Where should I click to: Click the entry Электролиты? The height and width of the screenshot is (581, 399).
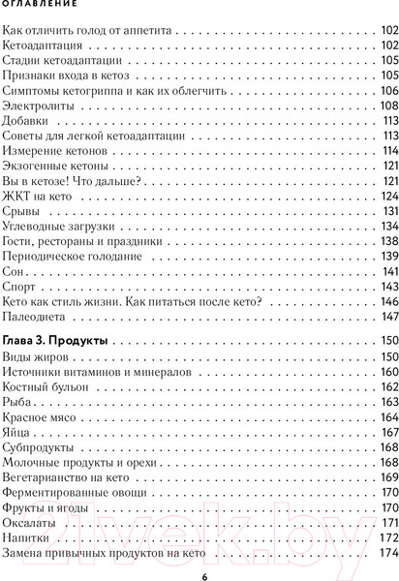coord(39,106)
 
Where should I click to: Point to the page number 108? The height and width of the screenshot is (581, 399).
coord(386,106)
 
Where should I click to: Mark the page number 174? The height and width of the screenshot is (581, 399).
coord(386,553)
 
